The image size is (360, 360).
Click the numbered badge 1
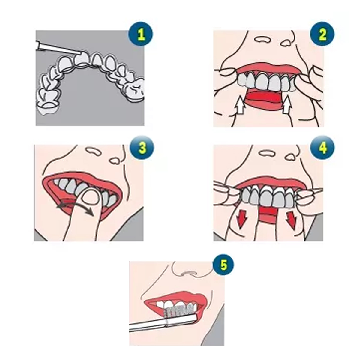click(x=141, y=34)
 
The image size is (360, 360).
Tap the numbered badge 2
click(x=322, y=34)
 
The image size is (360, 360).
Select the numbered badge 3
click(x=142, y=148)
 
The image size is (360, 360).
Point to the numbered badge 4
click(x=322, y=148)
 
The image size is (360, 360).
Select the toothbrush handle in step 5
click(x=163, y=322)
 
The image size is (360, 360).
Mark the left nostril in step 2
click(x=262, y=39)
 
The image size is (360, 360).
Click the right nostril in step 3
click(x=115, y=161)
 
